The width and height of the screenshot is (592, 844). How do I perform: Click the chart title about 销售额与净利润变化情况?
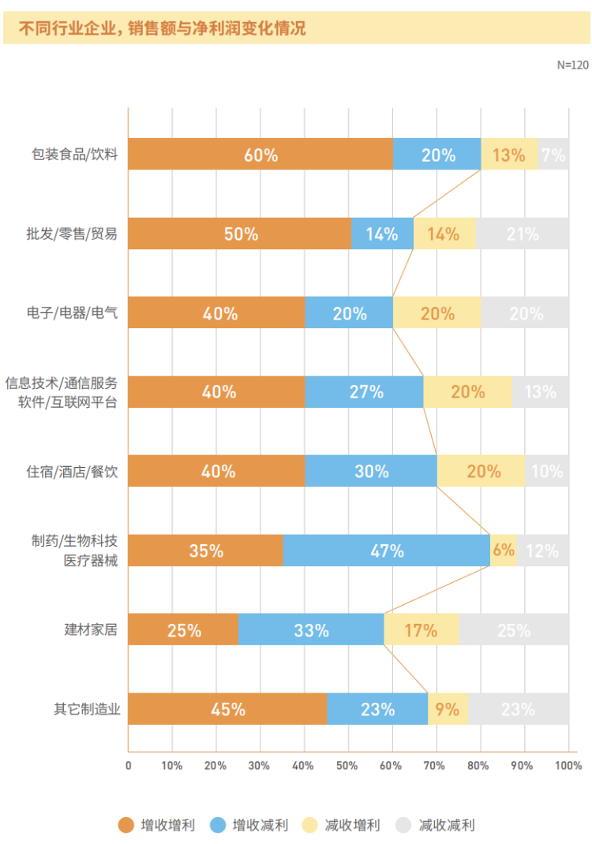tap(162, 29)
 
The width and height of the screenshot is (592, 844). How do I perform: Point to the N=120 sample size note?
tap(572, 65)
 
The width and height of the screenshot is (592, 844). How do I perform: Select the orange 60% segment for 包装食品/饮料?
tap(260, 155)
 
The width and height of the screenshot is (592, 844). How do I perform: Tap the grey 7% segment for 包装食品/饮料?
tap(553, 155)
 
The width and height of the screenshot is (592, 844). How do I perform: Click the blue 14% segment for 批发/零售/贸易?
tap(382, 233)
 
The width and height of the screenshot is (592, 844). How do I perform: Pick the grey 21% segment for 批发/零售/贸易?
tap(522, 233)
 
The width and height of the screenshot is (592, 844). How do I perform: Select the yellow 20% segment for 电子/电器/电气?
tap(437, 313)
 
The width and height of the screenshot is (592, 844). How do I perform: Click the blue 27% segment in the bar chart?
tap(365, 392)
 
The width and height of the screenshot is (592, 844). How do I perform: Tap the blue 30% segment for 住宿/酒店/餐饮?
tap(371, 471)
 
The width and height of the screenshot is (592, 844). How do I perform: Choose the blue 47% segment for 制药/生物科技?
tap(387, 551)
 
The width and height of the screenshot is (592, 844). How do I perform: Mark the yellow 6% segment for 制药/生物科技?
tap(504, 551)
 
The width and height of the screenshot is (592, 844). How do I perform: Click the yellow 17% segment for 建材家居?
tap(421, 629)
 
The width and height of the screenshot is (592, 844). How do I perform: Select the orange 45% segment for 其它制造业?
tap(227, 709)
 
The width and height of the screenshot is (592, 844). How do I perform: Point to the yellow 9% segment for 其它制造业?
tap(448, 709)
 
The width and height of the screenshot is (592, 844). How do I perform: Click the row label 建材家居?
tap(92, 629)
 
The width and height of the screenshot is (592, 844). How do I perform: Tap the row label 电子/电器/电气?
tap(72, 313)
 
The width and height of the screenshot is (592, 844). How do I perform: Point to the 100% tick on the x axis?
tap(568, 765)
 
